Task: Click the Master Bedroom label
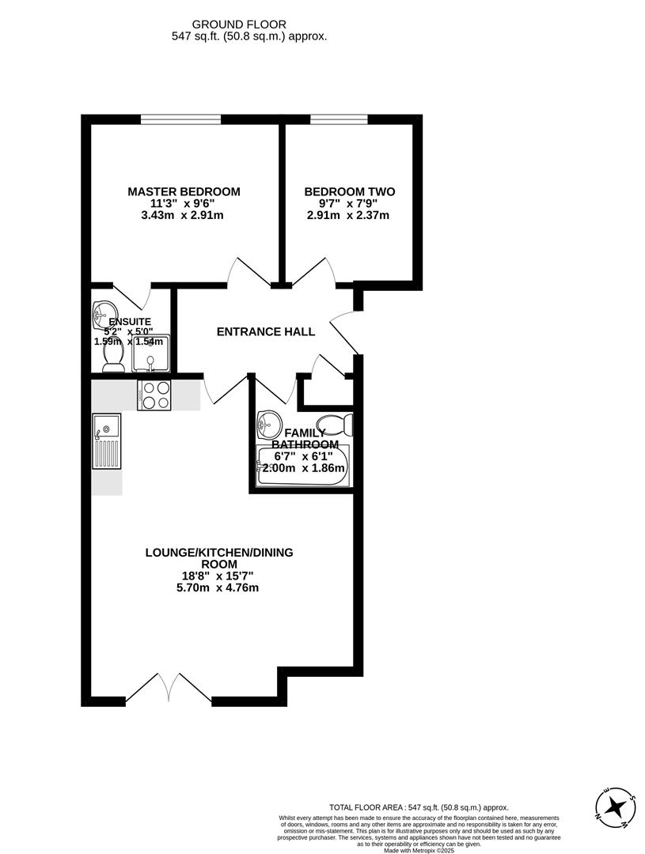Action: pos(184,191)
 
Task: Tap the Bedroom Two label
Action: pos(349,191)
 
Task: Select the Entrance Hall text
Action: pos(266,331)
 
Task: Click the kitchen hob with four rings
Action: pos(154,395)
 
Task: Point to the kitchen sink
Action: pos(106,440)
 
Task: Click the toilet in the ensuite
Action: pos(112,358)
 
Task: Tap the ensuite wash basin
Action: pos(104,310)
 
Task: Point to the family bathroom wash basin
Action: pos(270,424)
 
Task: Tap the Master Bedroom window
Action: pos(180,119)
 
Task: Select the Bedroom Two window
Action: pos(338,119)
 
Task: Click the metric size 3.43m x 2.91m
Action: pos(184,215)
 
